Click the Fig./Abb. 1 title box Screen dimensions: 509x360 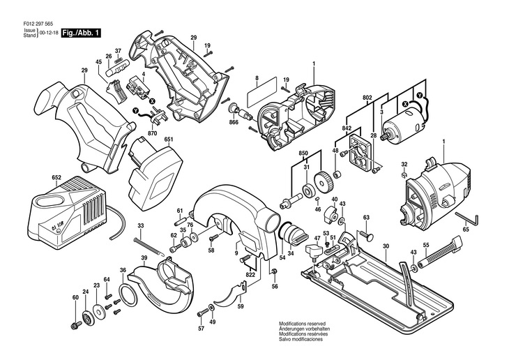click(x=81, y=33)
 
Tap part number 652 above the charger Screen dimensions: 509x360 click(x=56, y=178)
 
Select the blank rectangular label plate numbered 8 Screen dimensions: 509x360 click(x=261, y=93)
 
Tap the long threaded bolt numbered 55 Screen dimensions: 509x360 click(x=440, y=251)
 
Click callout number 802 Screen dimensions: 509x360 click(x=367, y=97)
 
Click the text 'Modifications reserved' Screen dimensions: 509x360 click(x=302, y=324)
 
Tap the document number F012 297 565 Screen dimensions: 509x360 click(x=38, y=24)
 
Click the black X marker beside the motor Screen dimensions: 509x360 click(x=405, y=104)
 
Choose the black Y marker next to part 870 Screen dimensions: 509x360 click(x=136, y=111)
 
